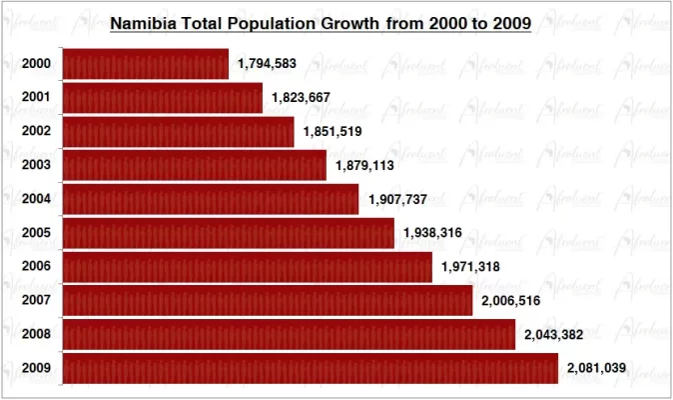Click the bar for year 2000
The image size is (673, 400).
pyautogui.click(x=146, y=64)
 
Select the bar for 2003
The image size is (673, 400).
pyautogui.click(x=195, y=165)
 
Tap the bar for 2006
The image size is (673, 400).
pyautogui.click(x=248, y=266)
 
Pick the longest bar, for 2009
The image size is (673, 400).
pyautogui.click(x=311, y=368)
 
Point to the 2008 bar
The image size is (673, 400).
pyautogui.click(x=289, y=334)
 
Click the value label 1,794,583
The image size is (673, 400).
pyautogui.click(x=268, y=64)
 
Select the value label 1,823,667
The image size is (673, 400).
pyautogui.click(x=301, y=98)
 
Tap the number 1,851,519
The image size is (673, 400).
pyautogui.click(x=333, y=132)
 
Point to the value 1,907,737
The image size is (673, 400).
pyautogui.click(x=398, y=199)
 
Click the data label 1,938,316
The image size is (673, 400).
pyautogui.click(x=433, y=233)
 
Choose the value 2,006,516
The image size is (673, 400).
pyautogui.click(x=510, y=300)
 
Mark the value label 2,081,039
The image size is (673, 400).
pyautogui.click(x=596, y=368)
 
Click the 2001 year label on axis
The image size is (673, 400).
pyautogui.click(x=35, y=98)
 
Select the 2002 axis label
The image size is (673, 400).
pyautogui.click(x=35, y=132)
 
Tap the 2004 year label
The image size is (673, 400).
pyautogui.click(x=35, y=199)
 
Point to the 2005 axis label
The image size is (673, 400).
pyautogui.click(x=35, y=233)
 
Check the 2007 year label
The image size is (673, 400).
pyautogui.click(x=35, y=300)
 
